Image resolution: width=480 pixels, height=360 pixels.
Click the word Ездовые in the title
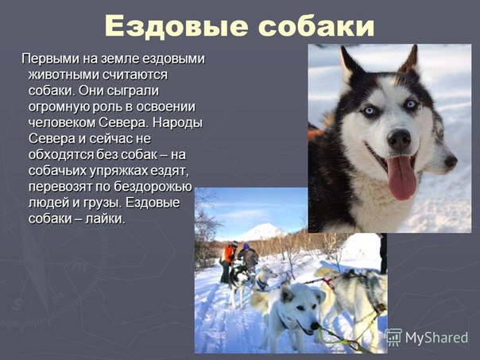click(176, 26)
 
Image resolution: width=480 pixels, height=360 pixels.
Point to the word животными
click(64, 75)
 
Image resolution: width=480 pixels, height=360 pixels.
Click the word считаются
click(134, 75)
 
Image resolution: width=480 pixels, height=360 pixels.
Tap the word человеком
click(61, 122)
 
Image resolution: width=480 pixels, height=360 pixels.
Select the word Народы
click(177, 123)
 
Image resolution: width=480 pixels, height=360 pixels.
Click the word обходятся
click(61, 155)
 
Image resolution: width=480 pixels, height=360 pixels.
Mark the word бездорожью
click(153, 187)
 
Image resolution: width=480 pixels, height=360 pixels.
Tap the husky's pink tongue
click(401, 177)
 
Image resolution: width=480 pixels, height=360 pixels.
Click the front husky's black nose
click(399, 140)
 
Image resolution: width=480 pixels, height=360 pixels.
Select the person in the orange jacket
click(226, 261)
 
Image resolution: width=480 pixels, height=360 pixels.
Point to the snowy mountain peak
click(261, 230)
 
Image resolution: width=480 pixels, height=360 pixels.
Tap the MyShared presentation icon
click(393, 337)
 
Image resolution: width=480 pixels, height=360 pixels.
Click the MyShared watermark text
click(436, 338)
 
